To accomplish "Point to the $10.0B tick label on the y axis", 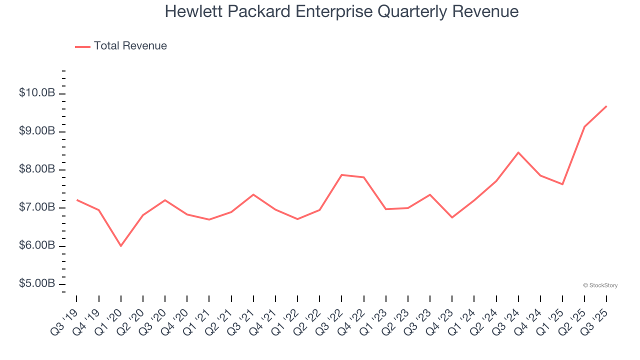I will pos(37,93).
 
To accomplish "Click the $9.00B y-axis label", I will pos(37,131).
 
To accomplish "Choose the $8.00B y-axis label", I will pos(37,169).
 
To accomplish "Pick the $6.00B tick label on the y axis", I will pos(37,245).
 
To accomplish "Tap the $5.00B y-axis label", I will pos(37,283).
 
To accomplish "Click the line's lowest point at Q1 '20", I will pos(120,245).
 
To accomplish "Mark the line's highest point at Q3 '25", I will pos(606,106).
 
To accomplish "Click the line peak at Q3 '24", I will pos(518,152).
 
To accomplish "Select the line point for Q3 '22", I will pos(341,175).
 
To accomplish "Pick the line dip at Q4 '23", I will pos(452,217).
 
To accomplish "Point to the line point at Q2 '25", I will pos(584,126).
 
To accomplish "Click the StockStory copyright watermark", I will pos(600,285).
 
